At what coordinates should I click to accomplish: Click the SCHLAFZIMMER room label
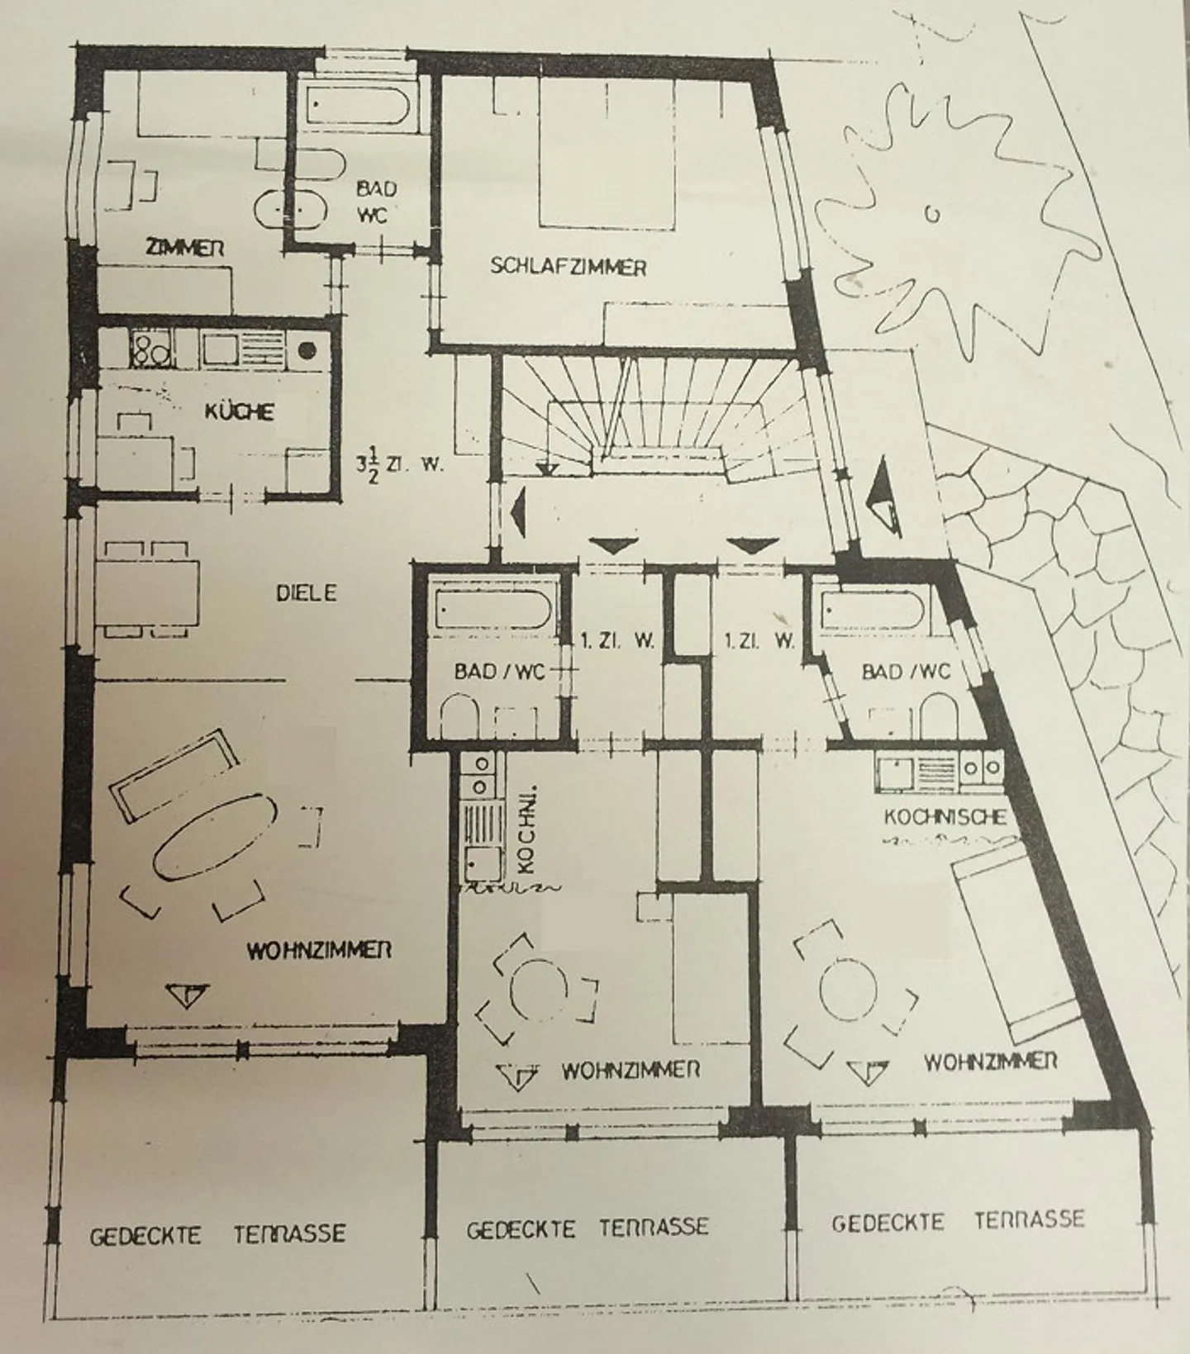coord(568,267)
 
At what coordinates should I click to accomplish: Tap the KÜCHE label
coord(239,411)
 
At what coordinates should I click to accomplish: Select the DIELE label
coord(307,592)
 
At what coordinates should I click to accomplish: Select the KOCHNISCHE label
coord(945,816)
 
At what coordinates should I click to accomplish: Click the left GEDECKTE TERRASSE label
coord(217,1235)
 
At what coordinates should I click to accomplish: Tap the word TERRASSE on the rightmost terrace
coord(1029,1219)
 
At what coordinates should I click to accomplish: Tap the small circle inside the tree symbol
coord(932,216)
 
